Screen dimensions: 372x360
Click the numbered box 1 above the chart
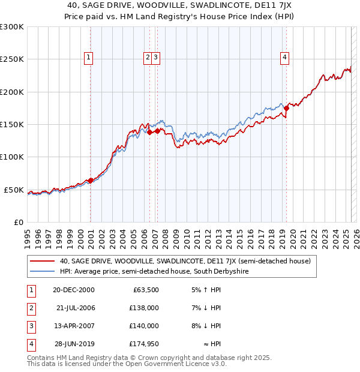click(x=88, y=58)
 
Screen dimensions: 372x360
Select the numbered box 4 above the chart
click(x=284, y=58)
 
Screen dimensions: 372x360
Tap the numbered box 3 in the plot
click(x=155, y=58)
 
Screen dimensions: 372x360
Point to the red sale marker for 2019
click(x=287, y=108)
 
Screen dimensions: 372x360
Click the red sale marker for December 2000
click(x=90, y=180)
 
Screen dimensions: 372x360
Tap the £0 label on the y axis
click(x=18, y=222)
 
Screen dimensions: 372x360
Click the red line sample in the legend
click(x=42, y=262)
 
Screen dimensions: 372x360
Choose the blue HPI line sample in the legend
click(x=42, y=272)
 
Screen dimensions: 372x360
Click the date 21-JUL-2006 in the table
click(x=76, y=308)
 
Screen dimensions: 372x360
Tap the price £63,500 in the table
click(x=143, y=290)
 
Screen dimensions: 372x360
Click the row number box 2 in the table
click(x=29, y=308)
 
